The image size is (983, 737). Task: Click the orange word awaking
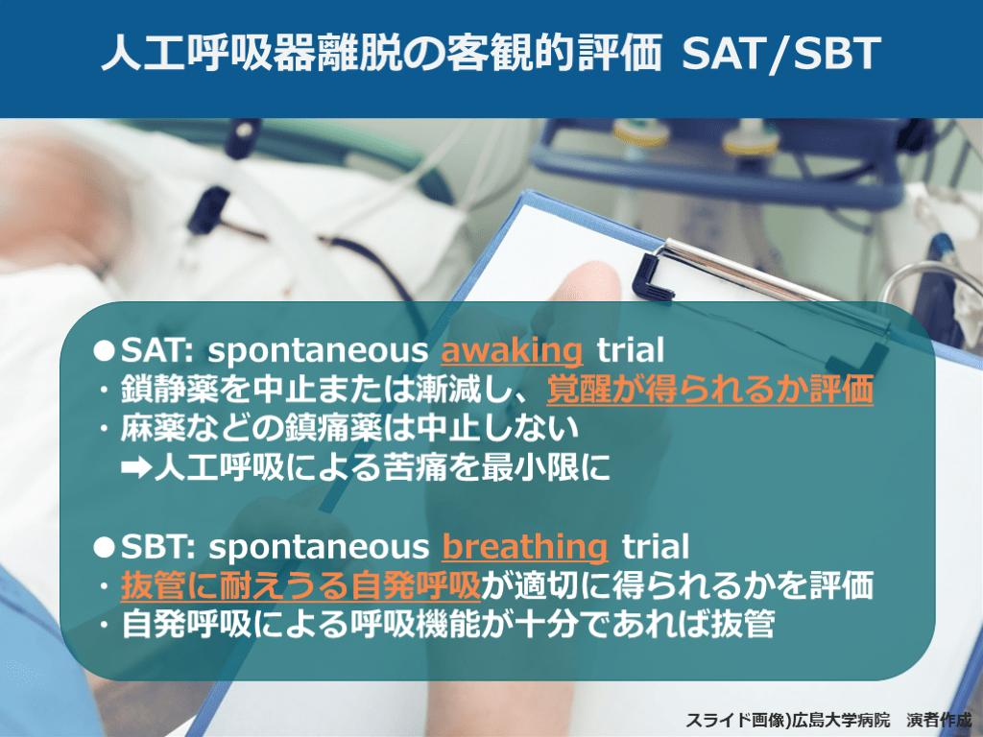(x=512, y=350)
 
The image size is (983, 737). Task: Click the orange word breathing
(x=525, y=546)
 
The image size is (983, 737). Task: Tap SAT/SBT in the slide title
(x=781, y=53)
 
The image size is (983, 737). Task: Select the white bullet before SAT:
(x=104, y=349)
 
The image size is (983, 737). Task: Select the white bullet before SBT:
(x=104, y=546)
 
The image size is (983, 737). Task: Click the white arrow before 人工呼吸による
(x=136, y=467)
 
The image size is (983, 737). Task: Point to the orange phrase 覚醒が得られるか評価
(x=709, y=390)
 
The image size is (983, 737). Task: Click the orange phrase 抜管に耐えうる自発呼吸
(x=300, y=585)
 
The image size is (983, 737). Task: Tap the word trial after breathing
(x=655, y=546)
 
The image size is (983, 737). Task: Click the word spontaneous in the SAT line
(x=318, y=351)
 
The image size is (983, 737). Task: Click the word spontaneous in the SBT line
(x=319, y=548)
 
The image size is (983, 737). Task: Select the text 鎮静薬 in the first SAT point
(x=169, y=390)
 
